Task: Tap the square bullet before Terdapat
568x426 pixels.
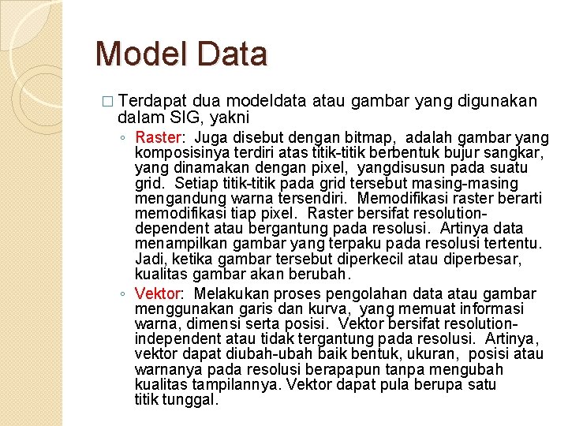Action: pos(108,102)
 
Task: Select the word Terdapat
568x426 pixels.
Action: pos(154,101)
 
